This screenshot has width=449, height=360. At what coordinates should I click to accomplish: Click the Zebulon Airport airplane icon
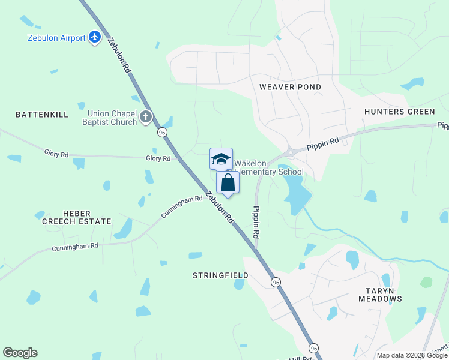[x=95, y=38]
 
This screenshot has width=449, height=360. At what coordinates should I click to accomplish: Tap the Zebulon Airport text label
[x=56, y=38]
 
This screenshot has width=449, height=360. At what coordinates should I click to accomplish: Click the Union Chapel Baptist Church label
[x=112, y=118]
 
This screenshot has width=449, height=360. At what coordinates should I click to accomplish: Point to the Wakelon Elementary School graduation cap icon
[x=221, y=159]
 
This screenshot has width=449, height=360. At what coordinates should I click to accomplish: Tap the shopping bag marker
[x=228, y=182]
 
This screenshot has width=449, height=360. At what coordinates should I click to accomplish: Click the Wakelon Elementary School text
[x=268, y=168]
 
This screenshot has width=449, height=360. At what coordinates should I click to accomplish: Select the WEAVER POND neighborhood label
[x=290, y=87]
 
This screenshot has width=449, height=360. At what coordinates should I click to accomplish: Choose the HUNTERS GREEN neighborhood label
[x=399, y=112]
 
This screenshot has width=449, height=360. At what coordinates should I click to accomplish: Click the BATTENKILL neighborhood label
[x=42, y=114]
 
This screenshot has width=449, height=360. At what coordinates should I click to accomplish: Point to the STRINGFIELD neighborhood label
[x=220, y=275]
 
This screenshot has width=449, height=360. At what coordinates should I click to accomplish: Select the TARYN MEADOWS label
[x=380, y=295]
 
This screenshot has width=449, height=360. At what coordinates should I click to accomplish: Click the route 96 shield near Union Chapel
[x=162, y=132]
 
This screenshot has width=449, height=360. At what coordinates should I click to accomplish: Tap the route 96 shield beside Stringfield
[x=276, y=282]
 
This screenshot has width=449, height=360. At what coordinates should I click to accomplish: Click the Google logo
[x=20, y=353]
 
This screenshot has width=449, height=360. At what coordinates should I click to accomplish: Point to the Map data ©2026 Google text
[x=411, y=355]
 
